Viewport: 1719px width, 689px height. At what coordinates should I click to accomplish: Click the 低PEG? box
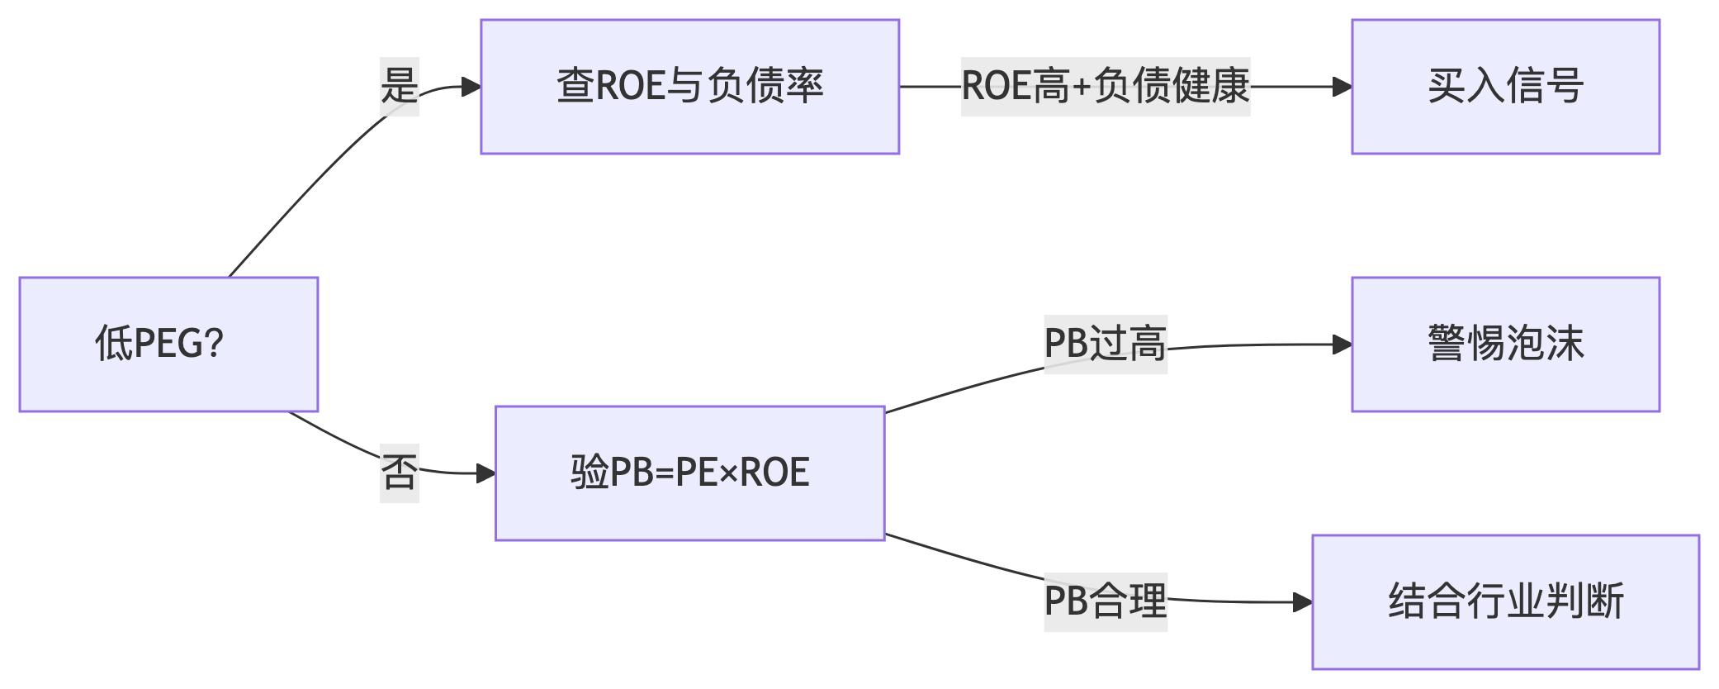tap(168, 344)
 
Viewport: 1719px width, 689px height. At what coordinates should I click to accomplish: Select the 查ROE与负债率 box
tap(689, 87)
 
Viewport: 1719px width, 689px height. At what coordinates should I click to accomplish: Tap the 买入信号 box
tap(1505, 87)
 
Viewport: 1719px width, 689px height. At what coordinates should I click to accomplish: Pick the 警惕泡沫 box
tap(1505, 344)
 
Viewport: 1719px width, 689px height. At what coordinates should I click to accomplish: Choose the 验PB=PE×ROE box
tap(689, 473)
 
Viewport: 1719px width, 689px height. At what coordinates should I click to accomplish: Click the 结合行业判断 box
tap(1505, 601)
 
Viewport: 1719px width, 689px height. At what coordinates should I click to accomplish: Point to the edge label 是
tap(400, 87)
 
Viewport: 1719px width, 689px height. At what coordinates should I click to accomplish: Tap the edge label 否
tap(400, 473)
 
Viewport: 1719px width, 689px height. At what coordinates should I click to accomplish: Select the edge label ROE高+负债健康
tap(1105, 87)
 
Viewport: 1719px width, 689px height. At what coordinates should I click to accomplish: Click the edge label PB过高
tap(1105, 344)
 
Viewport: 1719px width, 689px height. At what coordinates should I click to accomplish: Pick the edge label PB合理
tap(1105, 601)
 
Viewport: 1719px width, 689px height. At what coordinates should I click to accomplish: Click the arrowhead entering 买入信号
tap(1343, 87)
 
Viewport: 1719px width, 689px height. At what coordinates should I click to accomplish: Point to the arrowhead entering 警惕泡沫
tap(1343, 344)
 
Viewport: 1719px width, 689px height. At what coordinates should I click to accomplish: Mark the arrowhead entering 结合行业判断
tap(1303, 602)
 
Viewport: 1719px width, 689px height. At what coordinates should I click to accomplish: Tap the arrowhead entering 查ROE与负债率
tap(471, 87)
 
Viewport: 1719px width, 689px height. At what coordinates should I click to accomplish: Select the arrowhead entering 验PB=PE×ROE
tap(486, 473)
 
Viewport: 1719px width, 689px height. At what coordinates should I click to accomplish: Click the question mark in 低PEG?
tap(214, 344)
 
